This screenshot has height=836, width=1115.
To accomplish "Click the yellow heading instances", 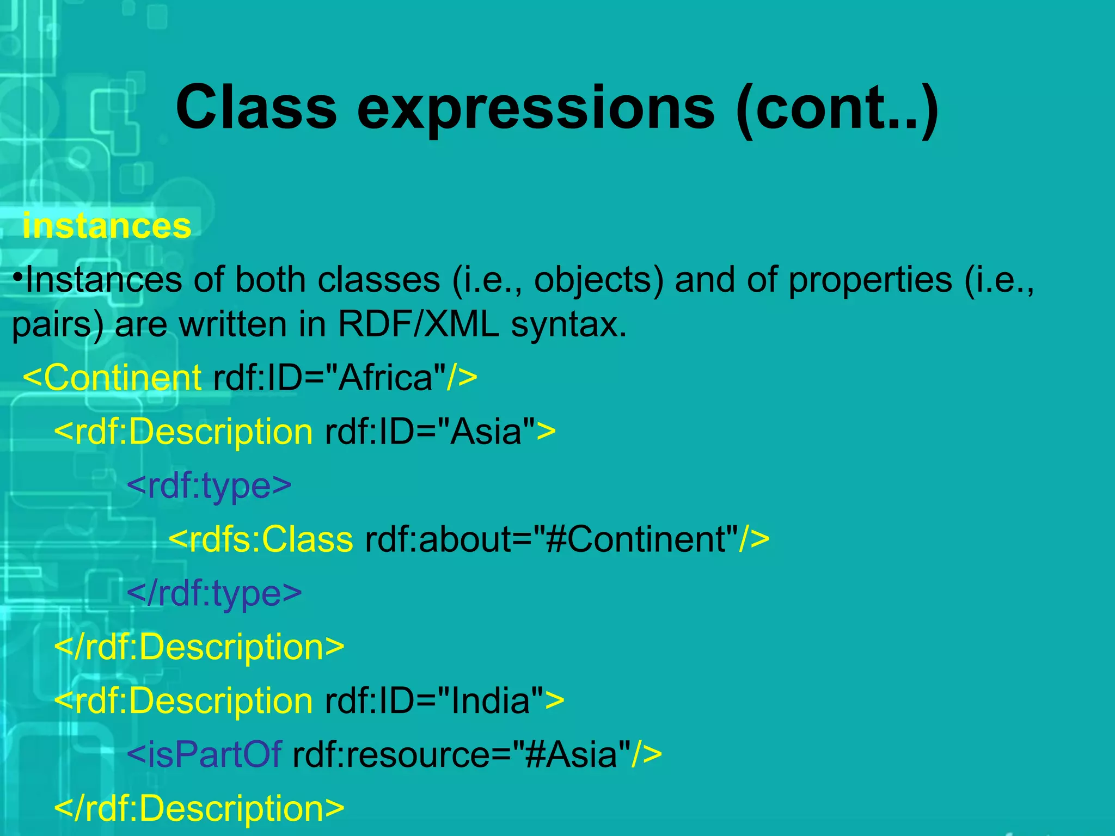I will (x=107, y=226).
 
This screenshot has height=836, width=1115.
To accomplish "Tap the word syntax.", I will (x=568, y=325).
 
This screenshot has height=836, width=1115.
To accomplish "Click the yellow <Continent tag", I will (x=112, y=377).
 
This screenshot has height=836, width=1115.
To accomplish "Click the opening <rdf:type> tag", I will (x=209, y=485).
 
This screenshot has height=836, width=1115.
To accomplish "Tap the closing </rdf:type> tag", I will (x=214, y=593).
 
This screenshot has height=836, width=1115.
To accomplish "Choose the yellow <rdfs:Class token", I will (x=261, y=539).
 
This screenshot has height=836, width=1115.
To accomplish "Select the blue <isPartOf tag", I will (x=204, y=755).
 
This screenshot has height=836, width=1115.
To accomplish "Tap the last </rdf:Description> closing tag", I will (x=199, y=808).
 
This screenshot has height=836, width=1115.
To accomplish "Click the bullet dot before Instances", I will (x=18, y=278).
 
